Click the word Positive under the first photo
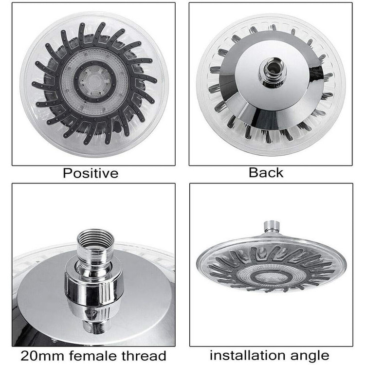pos(91,173)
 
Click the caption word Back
pos(266,173)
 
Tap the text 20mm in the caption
pos(42,356)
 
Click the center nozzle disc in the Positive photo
pos(94,80)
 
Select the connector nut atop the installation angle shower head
pos(271,227)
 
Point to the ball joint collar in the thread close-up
pos(93,289)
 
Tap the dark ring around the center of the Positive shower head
pos(94,80)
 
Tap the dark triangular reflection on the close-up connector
pos(95,312)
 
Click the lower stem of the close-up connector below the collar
pos(95,327)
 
